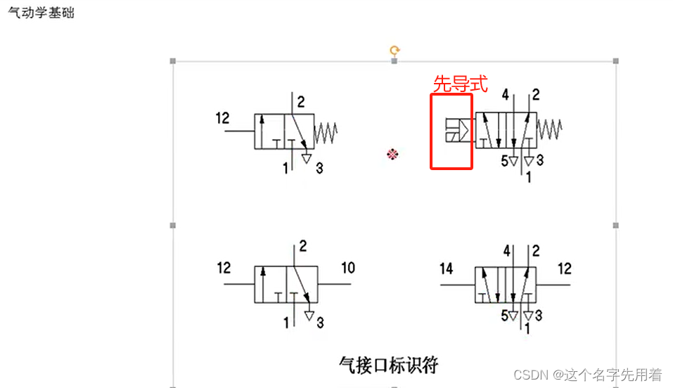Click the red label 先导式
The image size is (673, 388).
click(x=460, y=84)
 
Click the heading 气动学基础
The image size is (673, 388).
click(x=41, y=13)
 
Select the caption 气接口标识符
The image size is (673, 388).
click(x=388, y=364)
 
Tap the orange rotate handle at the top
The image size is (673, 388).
click(x=395, y=50)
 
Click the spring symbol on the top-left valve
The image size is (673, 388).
click(x=325, y=131)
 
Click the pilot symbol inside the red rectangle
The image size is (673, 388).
click(x=458, y=130)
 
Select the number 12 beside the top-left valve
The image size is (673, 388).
click(x=222, y=118)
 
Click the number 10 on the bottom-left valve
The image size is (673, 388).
click(x=348, y=268)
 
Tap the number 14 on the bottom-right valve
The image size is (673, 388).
click(x=447, y=268)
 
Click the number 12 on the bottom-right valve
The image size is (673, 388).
click(x=564, y=268)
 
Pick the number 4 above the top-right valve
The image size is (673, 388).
click(x=506, y=95)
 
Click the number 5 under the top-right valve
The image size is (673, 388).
click(x=504, y=161)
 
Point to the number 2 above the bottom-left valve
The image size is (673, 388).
click(x=303, y=247)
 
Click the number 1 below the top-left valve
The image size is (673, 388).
click(x=286, y=168)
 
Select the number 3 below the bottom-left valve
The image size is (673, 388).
click(x=320, y=323)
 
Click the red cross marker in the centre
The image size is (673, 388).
click(x=393, y=153)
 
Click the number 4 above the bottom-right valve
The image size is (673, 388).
click(x=506, y=251)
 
